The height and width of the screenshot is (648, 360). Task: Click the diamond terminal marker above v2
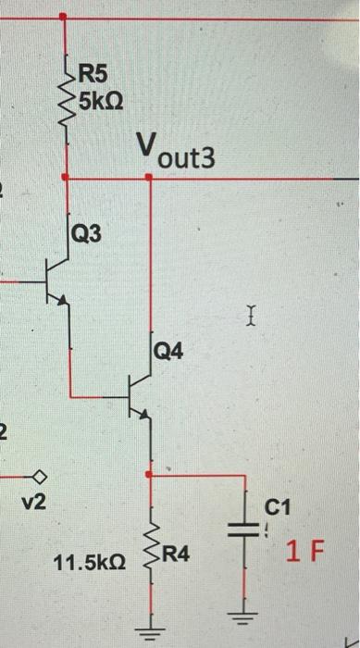(40, 478)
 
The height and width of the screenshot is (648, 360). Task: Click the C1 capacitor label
(278, 507)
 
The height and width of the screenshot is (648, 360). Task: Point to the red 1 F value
(304, 554)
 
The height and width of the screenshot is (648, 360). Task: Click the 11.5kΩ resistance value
(91, 561)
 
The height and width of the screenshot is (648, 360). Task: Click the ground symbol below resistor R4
(148, 633)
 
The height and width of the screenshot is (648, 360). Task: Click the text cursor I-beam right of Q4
(250, 319)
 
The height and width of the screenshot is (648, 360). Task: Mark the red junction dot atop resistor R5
(63, 18)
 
